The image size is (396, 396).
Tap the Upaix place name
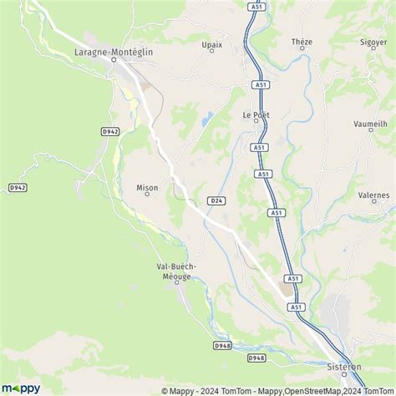pos(211,42)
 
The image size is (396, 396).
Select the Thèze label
pos(302,41)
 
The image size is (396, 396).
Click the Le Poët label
pos(255,114)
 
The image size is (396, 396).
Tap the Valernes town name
pos(373,194)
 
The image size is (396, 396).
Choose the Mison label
pos(147,188)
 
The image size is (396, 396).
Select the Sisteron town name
pos(344,365)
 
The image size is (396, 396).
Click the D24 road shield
pos(216,201)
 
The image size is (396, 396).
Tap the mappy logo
pos(21,388)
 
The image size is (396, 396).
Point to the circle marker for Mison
pos(147,196)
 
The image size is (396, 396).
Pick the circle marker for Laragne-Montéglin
pos(113,59)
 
